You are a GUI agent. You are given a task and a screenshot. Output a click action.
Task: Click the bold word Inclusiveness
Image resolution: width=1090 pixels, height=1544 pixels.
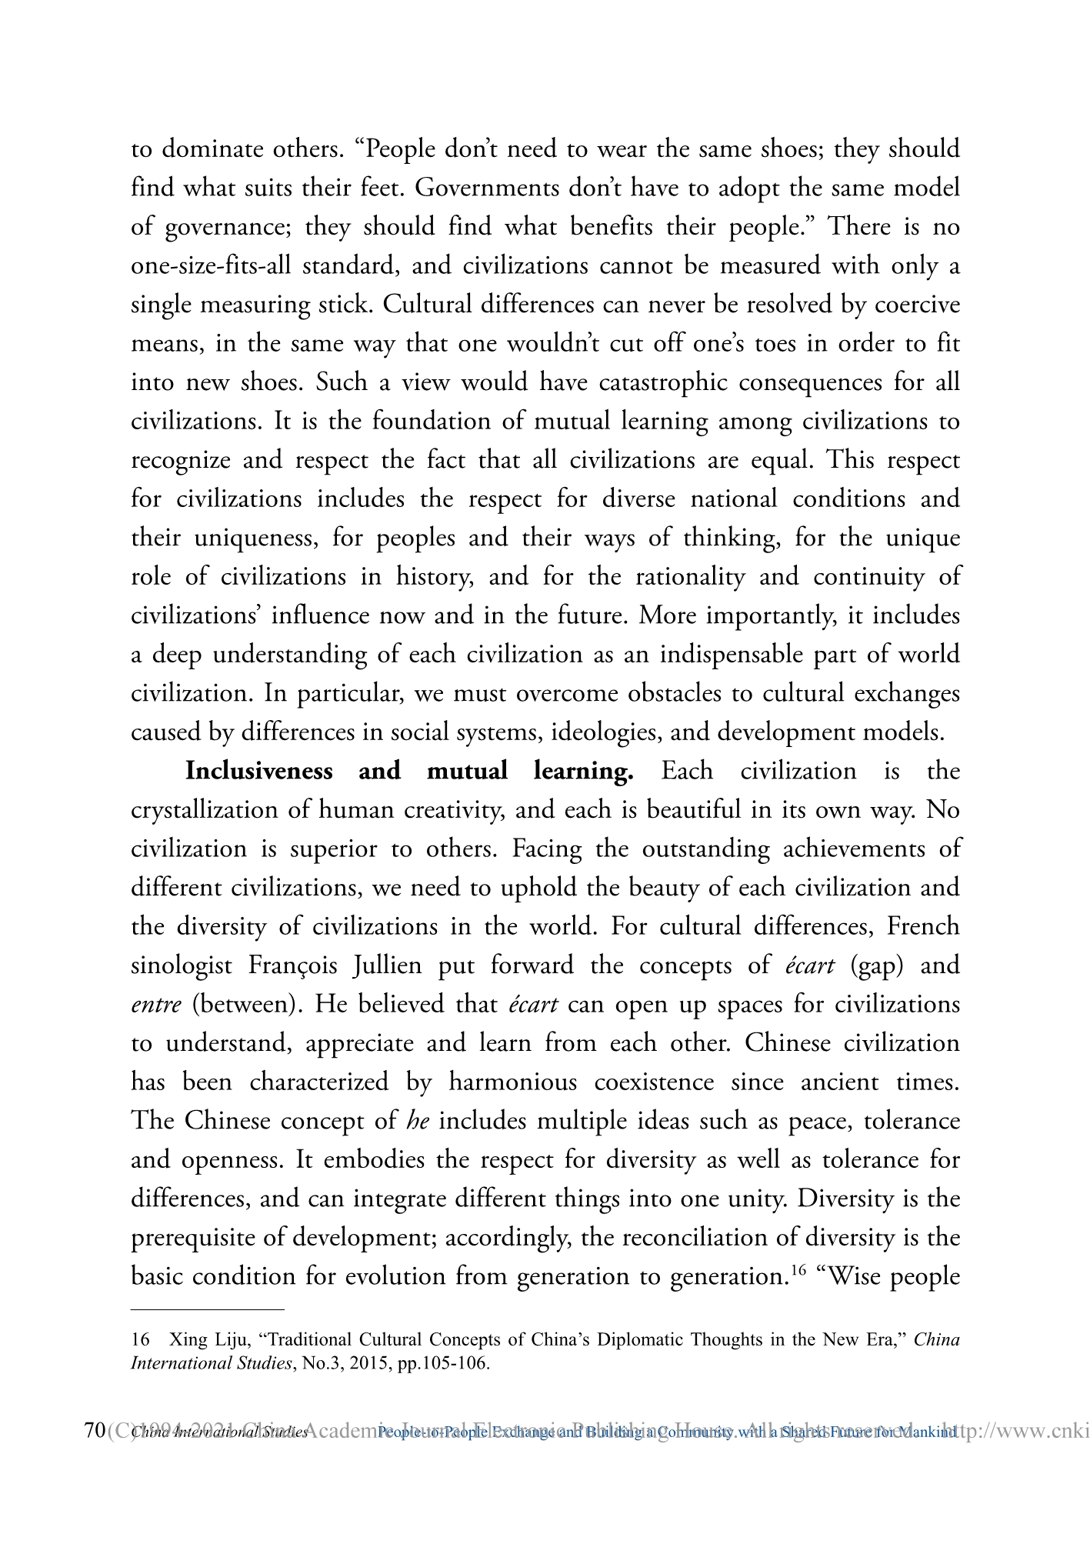pyautogui.click(x=258, y=771)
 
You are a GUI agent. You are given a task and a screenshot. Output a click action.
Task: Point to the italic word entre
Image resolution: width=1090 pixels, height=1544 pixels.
pyautogui.click(x=156, y=1005)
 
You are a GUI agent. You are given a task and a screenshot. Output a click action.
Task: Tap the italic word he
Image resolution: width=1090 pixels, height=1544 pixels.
pyautogui.click(x=417, y=1121)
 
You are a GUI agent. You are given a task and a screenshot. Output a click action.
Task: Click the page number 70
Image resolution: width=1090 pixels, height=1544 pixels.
pyautogui.click(x=94, y=1432)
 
